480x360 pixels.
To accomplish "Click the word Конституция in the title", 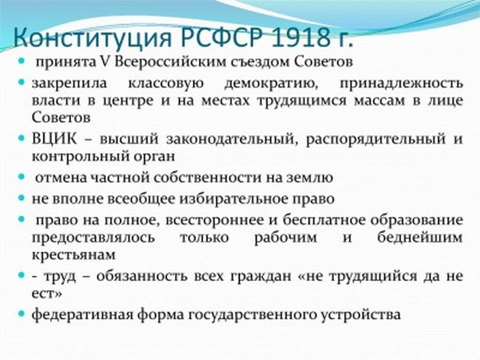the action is (92, 37).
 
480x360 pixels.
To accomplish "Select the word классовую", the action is (165, 83).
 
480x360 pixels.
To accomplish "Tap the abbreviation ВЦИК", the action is (54, 139).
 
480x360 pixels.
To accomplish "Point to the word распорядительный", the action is (375, 140).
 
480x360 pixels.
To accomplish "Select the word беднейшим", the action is (420, 237).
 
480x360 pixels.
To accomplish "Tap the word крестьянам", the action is (74, 255).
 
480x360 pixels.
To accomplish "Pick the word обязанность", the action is (142, 276).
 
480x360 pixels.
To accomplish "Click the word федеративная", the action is (82, 315).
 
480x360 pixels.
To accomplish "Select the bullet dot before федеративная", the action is (21, 314).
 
